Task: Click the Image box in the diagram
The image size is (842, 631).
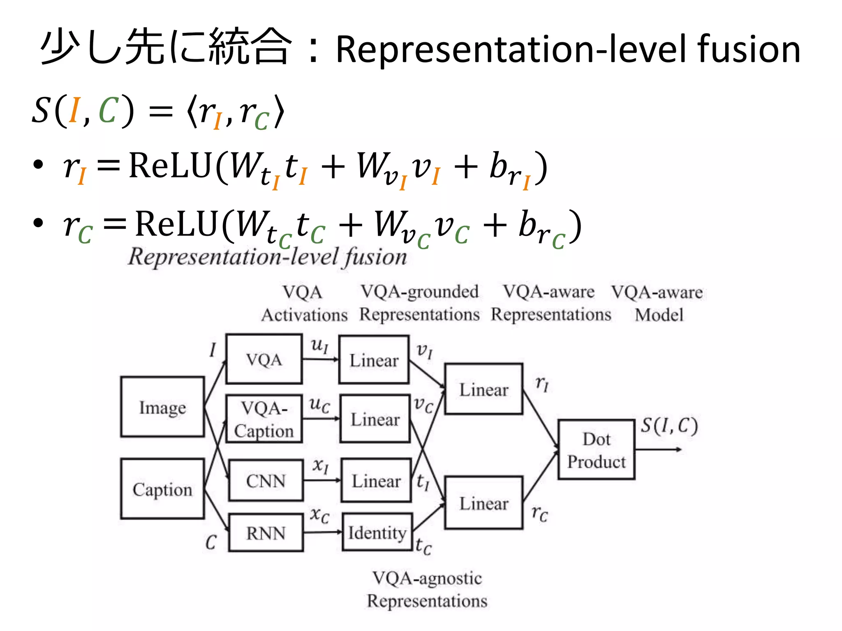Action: point(162,407)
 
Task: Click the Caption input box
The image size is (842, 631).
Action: point(162,489)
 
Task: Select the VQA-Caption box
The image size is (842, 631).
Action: point(264,419)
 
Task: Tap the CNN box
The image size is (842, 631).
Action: point(266,480)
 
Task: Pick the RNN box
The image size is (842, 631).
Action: point(266,533)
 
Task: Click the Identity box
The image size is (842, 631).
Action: point(377,532)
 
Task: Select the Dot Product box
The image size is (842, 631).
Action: point(596,450)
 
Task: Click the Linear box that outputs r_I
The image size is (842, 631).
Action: point(483,389)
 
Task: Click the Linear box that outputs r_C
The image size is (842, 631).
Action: point(483,503)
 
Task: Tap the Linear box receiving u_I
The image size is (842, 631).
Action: point(374,360)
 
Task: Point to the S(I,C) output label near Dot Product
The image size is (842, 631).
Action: point(669,426)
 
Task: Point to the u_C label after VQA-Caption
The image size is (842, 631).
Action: point(319,404)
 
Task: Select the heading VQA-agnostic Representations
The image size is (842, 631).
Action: point(427,589)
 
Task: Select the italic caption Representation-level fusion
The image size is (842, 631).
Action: point(267,257)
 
